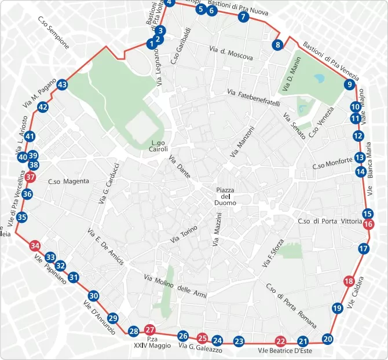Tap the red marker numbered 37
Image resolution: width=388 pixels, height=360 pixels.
[31, 177]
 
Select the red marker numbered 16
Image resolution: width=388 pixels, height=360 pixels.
[369, 225]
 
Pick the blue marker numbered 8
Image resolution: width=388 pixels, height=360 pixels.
[278, 45]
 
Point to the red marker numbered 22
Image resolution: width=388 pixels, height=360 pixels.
[281, 341]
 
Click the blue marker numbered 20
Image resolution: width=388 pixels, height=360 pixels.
[328, 339]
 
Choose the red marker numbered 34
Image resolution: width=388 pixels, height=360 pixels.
[35, 245]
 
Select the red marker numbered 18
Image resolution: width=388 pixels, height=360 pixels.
[349, 282]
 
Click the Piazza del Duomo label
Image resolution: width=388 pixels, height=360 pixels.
[225, 197]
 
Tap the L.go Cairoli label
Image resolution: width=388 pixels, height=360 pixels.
[159, 146]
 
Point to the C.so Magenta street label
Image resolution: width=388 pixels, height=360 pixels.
[68, 182]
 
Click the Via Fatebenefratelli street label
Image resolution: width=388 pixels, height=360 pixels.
[254, 97]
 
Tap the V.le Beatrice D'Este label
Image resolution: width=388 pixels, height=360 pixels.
[285, 351]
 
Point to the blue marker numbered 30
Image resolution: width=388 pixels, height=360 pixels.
[93, 296]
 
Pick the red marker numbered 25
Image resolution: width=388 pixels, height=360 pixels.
[202, 338]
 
